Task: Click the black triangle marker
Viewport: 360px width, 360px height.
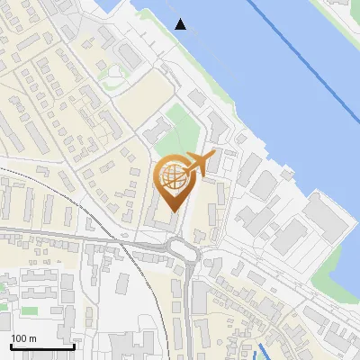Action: [181, 24]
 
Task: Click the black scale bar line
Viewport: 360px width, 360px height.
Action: [41, 347]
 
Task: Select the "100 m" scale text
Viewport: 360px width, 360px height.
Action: [23, 338]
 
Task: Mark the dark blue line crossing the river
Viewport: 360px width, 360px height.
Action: [306, 54]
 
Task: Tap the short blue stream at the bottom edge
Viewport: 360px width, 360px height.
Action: [263, 351]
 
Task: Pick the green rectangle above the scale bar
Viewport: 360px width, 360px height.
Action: [30, 310]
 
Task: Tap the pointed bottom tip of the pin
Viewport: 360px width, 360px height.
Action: [173, 210]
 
